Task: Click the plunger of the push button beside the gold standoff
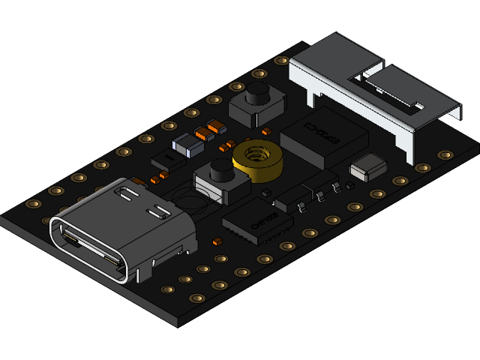point(223,170)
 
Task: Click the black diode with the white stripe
point(166,159)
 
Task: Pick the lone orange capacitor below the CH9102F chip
point(217,241)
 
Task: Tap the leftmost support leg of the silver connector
point(310,95)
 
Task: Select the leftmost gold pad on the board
point(33,204)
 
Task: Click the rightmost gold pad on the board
point(445,154)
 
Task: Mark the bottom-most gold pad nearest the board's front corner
point(196,298)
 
